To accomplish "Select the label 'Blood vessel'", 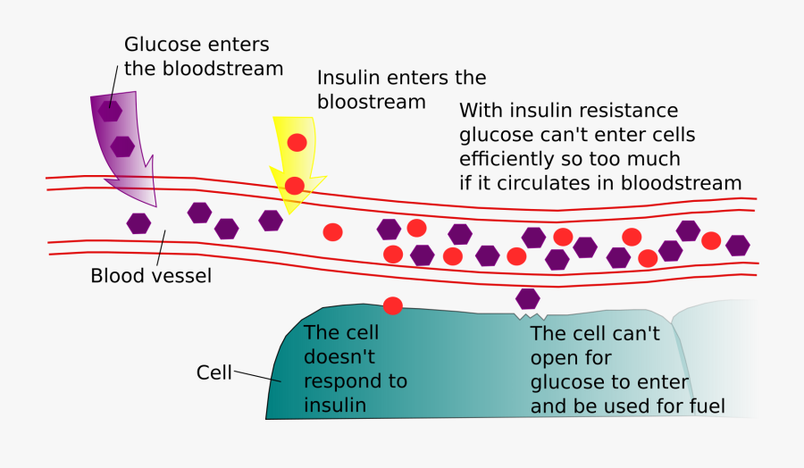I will (x=151, y=276).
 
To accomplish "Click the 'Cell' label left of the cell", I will (x=214, y=372).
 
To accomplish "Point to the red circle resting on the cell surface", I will (x=393, y=305).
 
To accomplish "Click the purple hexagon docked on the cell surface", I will (x=527, y=298).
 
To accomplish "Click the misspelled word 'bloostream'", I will (x=372, y=102).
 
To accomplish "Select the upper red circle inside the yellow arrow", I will (x=297, y=142).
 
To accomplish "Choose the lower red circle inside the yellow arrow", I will (x=295, y=186).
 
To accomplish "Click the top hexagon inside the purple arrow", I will (x=110, y=112).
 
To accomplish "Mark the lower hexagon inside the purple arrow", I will (x=122, y=146).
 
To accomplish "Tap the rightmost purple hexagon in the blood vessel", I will (x=737, y=245).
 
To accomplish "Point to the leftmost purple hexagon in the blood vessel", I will (x=138, y=223).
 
